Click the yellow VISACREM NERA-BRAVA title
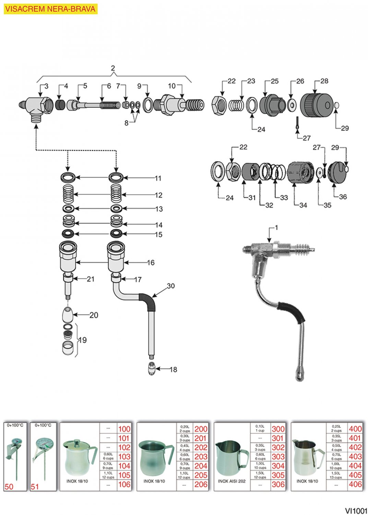click(x=50, y=9)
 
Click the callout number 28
click(x=324, y=81)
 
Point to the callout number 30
click(x=170, y=286)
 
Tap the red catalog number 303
click(x=278, y=457)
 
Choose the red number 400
click(x=355, y=428)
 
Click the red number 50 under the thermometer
click(x=9, y=487)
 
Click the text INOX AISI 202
click(x=232, y=481)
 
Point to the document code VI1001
click(x=356, y=511)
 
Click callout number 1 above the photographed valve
click(x=276, y=228)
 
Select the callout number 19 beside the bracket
click(x=83, y=340)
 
